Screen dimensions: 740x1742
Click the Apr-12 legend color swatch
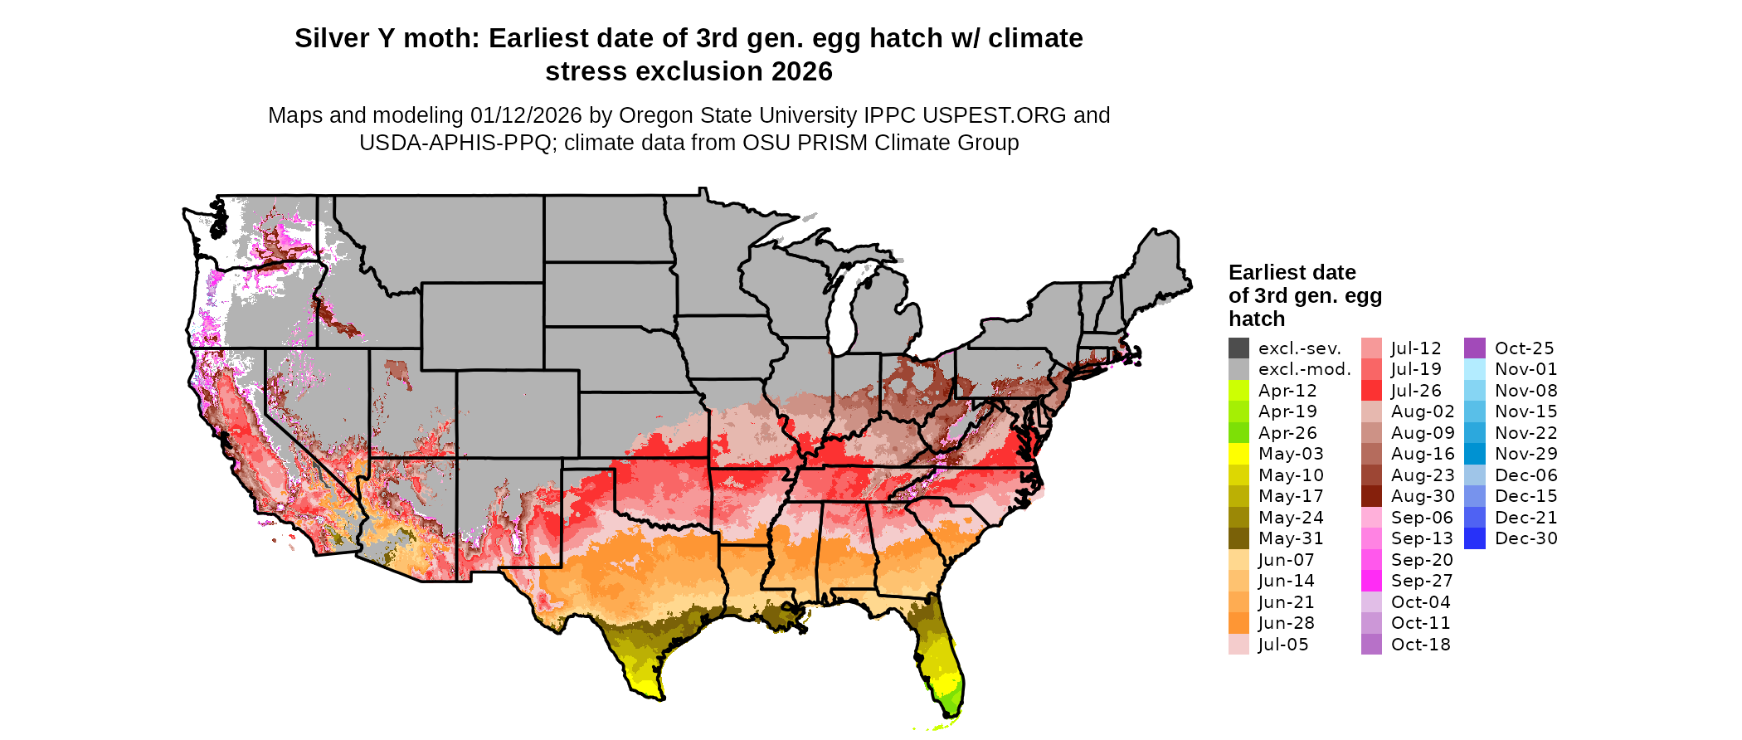point(1238,391)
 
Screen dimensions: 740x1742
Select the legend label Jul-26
point(1416,391)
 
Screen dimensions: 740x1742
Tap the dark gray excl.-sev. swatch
point(1238,348)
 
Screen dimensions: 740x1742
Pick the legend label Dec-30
point(1525,538)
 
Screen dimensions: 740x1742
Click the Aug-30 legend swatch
point(1371,496)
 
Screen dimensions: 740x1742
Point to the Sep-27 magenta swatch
point(1371,581)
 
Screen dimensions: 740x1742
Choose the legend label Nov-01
point(1525,369)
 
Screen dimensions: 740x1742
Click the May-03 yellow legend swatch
point(1238,454)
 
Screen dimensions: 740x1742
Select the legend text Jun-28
point(1286,623)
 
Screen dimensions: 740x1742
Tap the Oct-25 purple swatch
point(1475,348)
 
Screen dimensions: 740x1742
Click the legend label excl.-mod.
point(1304,369)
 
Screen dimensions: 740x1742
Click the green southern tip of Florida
point(951,701)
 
